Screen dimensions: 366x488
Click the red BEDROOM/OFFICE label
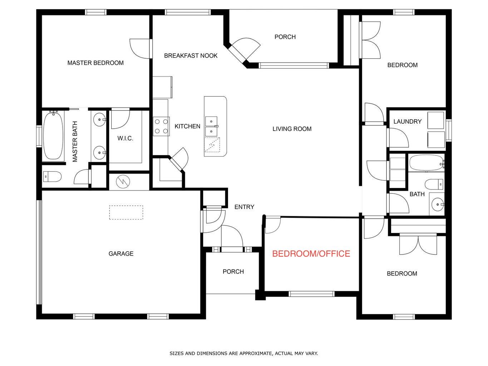tap(311, 254)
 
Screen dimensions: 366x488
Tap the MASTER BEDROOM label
tap(95, 63)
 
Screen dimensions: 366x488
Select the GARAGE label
tap(121, 254)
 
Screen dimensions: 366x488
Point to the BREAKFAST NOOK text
tap(191, 56)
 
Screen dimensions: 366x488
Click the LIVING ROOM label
tap(292, 129)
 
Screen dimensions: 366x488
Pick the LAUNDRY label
tap(407, 122)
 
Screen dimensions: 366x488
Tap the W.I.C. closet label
tap(125, 138)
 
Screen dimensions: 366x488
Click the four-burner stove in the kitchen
tap(161, 126)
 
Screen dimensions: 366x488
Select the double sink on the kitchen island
tap(212, 127)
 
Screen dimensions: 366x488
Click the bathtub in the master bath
tap(53, 136)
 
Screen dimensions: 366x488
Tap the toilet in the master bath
tap(52, 177)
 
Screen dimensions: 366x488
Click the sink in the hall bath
tap(437, 205)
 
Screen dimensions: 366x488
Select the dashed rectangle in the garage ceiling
tap(126, 212)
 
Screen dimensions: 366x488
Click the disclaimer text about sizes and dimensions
tap(243, 353)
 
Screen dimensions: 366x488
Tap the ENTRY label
tap(244, 207)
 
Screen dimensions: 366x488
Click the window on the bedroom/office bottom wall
tap(311, 294)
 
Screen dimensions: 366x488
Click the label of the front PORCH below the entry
tap(233, 272)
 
